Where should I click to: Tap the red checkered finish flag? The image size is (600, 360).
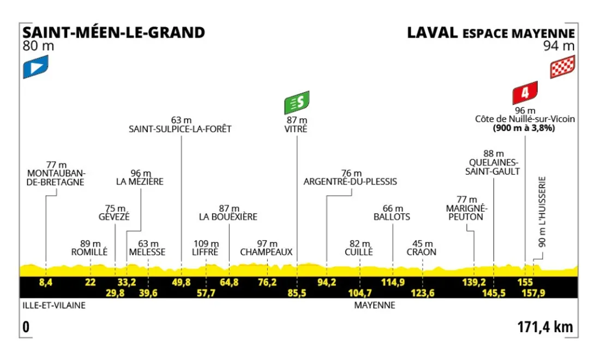pos(561,68)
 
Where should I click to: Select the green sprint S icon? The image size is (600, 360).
pos(297,102)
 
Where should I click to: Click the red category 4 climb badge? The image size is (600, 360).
pos(525,93)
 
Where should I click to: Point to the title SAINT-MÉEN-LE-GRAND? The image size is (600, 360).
pos(114,33)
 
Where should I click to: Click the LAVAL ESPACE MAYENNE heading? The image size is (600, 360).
pos(490,33)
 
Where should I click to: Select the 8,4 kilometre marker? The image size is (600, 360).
pos(46,282)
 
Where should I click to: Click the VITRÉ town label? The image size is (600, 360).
pos(297,129)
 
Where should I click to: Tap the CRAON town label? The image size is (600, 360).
pos(422,252)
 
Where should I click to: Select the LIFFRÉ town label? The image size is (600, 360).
pos(206,252)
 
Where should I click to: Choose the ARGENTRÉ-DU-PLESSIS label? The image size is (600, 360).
pos(350,182)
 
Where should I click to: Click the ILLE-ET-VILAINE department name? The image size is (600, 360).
pos(54,305)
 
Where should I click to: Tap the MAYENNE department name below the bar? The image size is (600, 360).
pos(374,305)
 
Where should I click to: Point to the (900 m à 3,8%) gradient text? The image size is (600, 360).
pos(525,129)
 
